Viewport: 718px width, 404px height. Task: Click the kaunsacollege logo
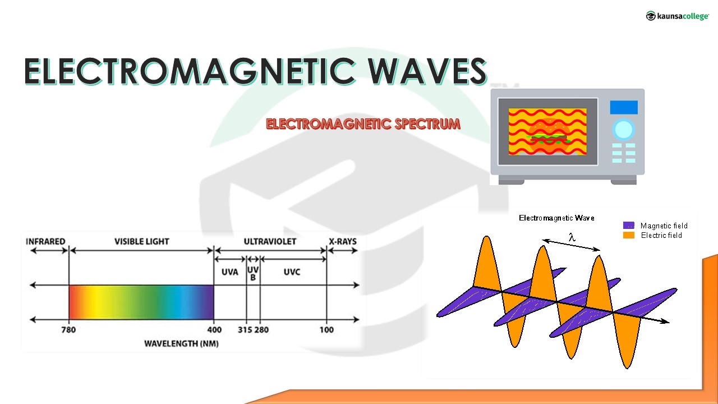tap(677, 16)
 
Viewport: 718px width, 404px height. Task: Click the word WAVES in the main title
tap(427, 71)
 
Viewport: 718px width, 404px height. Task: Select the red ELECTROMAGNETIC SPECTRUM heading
tap(363, 124)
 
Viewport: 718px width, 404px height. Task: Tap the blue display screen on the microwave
tap(624, 107)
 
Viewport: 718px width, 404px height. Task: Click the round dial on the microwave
tap(623, 130)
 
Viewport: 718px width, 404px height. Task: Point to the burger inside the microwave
tap(548, 136)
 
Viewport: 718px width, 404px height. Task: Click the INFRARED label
tap(45, 241)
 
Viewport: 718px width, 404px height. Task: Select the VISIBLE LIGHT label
tap(142, 241)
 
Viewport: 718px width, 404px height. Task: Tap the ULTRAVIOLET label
tap(270, 241)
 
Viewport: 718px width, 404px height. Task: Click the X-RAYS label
tap(343, 241)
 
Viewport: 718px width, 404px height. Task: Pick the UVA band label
tap(230, 272)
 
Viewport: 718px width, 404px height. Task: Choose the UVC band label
tap(292, 272)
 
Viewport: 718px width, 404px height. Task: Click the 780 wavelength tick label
tap(68, 329)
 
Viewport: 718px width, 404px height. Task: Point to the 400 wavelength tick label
tap(214, 329)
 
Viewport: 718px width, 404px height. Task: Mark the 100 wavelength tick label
tap(326, 329)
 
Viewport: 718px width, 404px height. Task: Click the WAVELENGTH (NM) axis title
tap(181, 343)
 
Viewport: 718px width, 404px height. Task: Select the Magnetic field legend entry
tap(655, 226)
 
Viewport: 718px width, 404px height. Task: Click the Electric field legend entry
tap(652, 235)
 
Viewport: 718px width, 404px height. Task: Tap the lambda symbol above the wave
tap(572, 237)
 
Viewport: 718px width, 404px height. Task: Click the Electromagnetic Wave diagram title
tap(556, 218)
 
